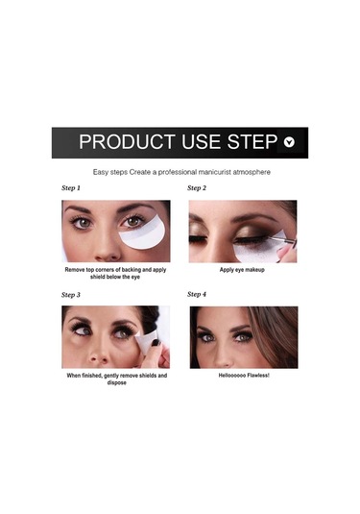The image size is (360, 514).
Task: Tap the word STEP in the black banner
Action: [x=252, y=142]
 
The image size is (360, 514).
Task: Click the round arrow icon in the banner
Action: [x=291, y=142]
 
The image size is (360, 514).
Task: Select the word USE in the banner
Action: [x=200, y=142]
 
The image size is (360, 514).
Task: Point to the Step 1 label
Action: [x=71, y=188]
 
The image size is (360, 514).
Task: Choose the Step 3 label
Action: [x=71, y=295]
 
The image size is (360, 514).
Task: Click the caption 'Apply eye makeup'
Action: [x=242, y=270]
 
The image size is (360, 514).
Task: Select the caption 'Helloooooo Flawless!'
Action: [x=242, y=376]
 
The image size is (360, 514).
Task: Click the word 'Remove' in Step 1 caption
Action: [x=79, y=270]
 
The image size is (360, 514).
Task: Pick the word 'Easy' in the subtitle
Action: [x=102, y=171]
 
